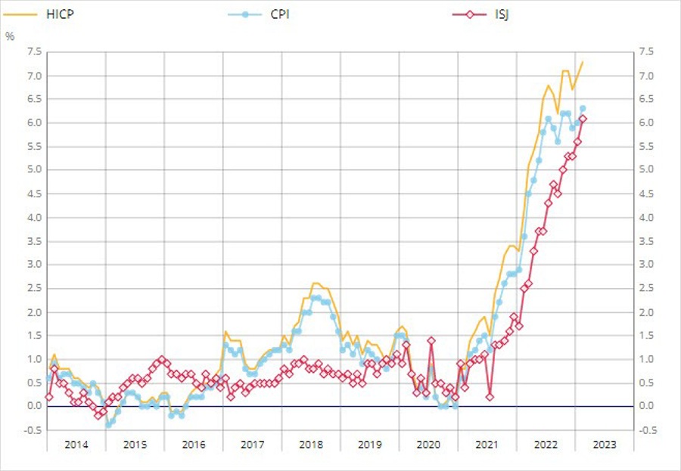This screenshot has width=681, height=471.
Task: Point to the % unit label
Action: (x=10, y=36)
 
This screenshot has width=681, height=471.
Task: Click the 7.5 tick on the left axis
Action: (x=33, y=51)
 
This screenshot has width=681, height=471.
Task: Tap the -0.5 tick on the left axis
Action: (x=32, y=430)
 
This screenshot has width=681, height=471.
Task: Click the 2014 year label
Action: (x=76, y=445)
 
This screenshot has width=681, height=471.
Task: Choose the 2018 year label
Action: (x=311, y=445)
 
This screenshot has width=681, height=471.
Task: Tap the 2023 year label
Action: (x=604, y=445)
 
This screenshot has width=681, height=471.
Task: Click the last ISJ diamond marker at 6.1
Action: (x=583, y=118)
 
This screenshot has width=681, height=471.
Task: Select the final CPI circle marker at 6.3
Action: (x=583, y=108)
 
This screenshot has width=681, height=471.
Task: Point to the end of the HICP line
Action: (x=583, y=62)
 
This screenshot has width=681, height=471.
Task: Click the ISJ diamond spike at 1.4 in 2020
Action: (x=431, y=340)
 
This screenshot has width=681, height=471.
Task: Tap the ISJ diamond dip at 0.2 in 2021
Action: (x=490, y=397)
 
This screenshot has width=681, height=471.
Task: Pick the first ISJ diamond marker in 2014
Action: (x=48, y=397)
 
